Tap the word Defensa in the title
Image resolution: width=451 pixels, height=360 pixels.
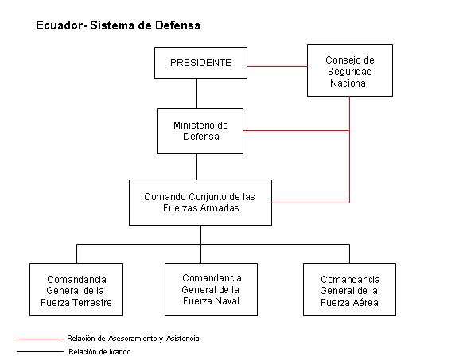177,25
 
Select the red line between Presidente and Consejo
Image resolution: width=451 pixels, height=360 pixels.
278,67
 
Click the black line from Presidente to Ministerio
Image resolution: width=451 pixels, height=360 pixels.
196,93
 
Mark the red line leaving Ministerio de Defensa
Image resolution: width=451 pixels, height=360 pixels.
296,130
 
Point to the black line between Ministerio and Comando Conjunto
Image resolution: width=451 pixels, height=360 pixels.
196,167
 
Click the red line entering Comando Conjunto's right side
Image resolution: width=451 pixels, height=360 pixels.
311,203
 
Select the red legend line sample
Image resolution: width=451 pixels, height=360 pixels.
39,339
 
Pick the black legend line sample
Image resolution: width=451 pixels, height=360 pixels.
40,351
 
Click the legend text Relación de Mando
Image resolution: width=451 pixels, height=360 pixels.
99,352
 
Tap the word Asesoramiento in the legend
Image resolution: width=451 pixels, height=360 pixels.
132,339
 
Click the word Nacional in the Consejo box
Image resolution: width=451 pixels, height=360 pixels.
349,83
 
